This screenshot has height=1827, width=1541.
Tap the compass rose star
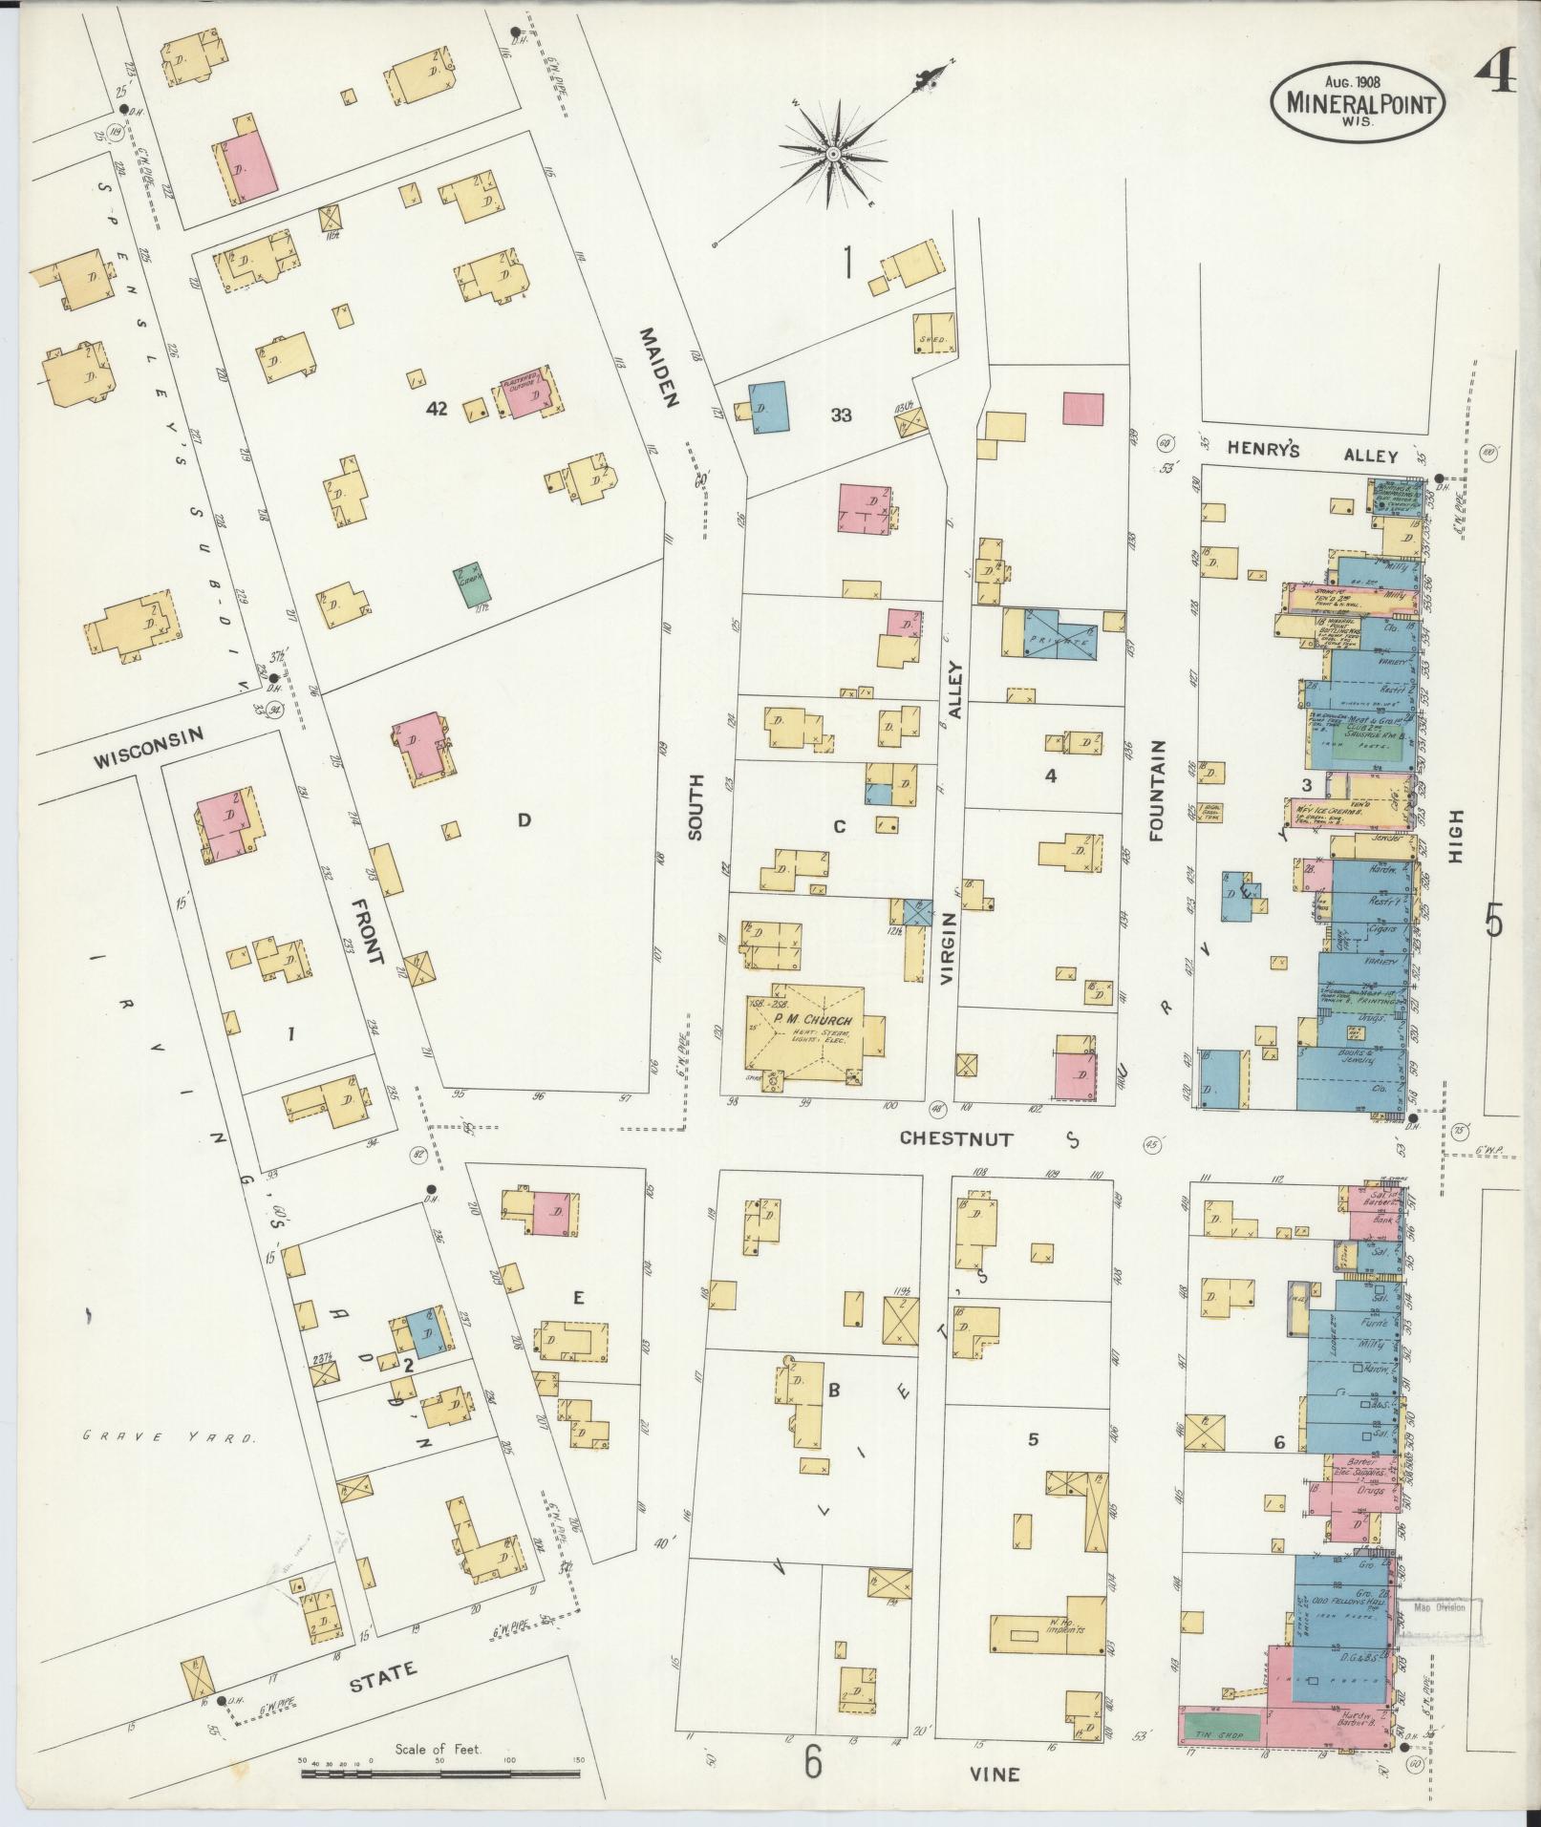point(832,153)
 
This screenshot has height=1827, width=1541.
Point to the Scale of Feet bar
point(440,1774)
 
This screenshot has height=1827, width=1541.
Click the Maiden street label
point(660,368)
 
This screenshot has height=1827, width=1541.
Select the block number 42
point(437,409)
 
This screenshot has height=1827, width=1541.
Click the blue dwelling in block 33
point(767,408)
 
